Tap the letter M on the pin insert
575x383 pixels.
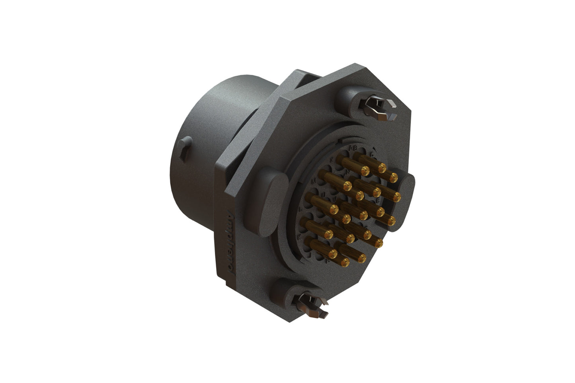click(314, 180)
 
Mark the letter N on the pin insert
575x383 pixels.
click(348, 172)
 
